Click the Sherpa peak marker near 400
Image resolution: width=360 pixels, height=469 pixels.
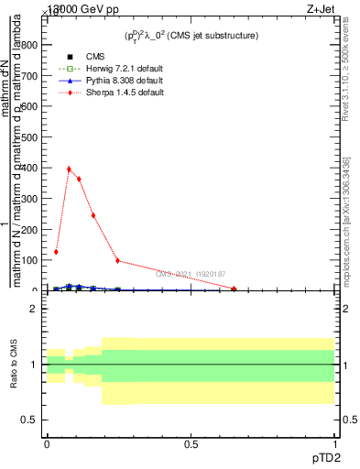[69, 169]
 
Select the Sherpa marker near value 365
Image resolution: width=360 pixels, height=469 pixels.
[79, 179]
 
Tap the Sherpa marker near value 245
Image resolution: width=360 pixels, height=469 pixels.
[93, 215]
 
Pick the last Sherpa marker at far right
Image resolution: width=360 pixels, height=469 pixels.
[235, 289]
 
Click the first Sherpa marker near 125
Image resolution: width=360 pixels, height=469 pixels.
[56, 252]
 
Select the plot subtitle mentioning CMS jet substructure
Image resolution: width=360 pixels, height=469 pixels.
[191, 35]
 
